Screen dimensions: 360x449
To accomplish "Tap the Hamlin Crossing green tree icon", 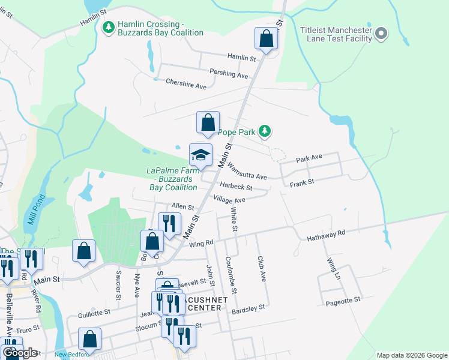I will click(x=109, y=28).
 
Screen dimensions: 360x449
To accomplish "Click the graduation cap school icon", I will click(x=200, y=155).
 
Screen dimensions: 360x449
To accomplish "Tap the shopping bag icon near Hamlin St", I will click(x=266, y=39).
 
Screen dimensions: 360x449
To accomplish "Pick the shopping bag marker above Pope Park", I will click(x=208, y=122).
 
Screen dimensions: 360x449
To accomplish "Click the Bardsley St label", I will click(x=248, y=308).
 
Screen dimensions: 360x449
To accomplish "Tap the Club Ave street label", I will click(x=262, y=268).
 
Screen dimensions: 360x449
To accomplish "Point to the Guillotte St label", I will click(x=94, y=313).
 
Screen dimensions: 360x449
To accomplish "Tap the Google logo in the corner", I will click(x=19, y=353).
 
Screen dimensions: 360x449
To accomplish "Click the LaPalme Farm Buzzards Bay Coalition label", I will click(x=173, y=179).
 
